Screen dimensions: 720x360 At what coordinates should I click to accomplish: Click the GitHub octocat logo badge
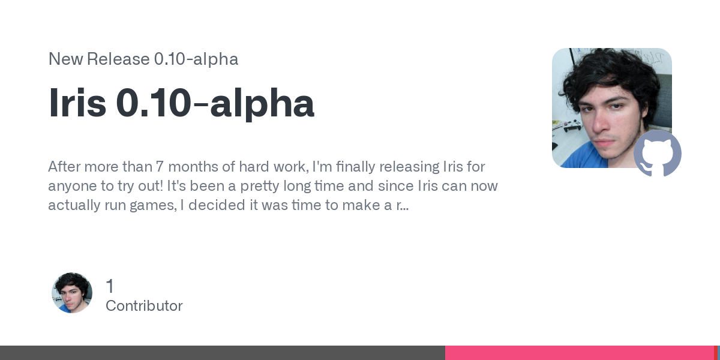(x=658, y=154)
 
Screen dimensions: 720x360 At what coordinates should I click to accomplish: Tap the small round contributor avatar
(x=72, y=293)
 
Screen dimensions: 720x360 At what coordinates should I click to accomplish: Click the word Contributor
(x=144, y=306)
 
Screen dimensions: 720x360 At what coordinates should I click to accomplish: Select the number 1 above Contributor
(x=110, y=286)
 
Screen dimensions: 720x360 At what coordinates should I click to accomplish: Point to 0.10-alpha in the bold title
(x=215, y=104)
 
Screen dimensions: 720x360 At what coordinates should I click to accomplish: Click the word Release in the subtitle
(x=118, y=59)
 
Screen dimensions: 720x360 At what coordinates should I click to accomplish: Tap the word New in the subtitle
(x=65, y=59)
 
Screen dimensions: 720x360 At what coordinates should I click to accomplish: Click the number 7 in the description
(x=160, y=167)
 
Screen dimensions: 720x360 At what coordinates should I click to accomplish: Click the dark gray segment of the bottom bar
(x=223, y=353)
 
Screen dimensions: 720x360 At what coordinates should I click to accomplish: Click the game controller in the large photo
(x=573, y=125)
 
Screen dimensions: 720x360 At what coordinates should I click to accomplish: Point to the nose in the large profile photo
(x=602, y=121)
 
